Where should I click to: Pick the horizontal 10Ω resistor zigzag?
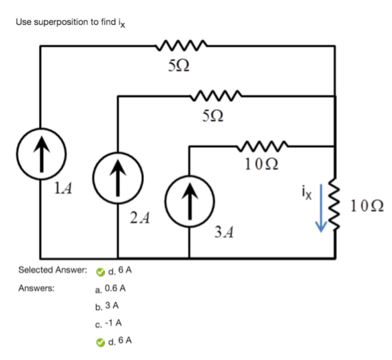(263, 146)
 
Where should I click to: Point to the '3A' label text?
(224, 232)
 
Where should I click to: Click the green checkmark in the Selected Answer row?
(100, 272)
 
